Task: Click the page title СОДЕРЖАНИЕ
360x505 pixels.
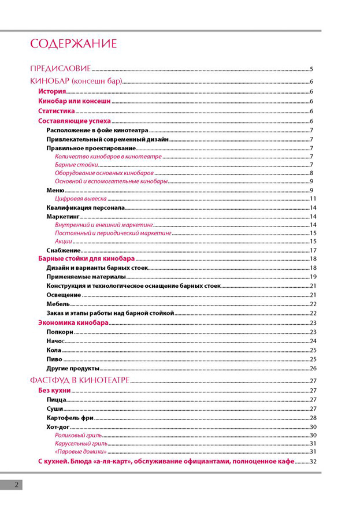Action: (73, 44)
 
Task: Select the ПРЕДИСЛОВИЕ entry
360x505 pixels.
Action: (60, 69)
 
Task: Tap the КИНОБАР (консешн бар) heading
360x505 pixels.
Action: (76, 82)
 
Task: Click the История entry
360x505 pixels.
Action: (52, 92)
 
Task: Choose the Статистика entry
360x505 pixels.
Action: (57, 112)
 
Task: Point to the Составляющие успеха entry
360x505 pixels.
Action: (75, 121)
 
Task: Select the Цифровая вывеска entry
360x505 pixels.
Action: (81, 199)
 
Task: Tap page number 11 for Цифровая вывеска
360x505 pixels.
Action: (313, 199)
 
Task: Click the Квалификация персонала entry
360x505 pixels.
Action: (85, 207)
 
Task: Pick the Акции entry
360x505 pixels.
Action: (64, 241)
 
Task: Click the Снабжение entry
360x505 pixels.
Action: (63, 250)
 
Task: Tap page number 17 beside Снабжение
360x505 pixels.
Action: (313, 250)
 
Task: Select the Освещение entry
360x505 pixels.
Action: (64, 295)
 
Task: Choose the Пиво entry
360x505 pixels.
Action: (54, 359)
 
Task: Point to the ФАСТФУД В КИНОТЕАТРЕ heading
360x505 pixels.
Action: (80, 380)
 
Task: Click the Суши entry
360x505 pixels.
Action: (55, 409)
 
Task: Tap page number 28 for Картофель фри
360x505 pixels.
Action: (313, 418)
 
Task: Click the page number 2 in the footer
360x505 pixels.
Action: (17, 485)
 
